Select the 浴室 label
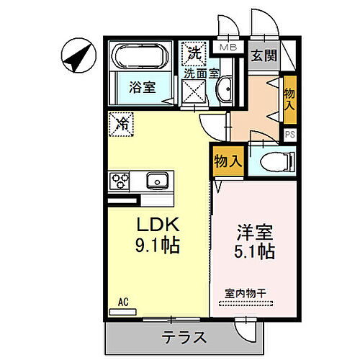click(142, 88)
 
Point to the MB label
click(227, 48)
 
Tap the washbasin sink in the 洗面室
click(222, 91)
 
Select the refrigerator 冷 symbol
click(121, 123)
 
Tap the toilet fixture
click(276, 161)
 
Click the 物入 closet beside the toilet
click(228, 161)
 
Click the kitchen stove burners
click(118, 180)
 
